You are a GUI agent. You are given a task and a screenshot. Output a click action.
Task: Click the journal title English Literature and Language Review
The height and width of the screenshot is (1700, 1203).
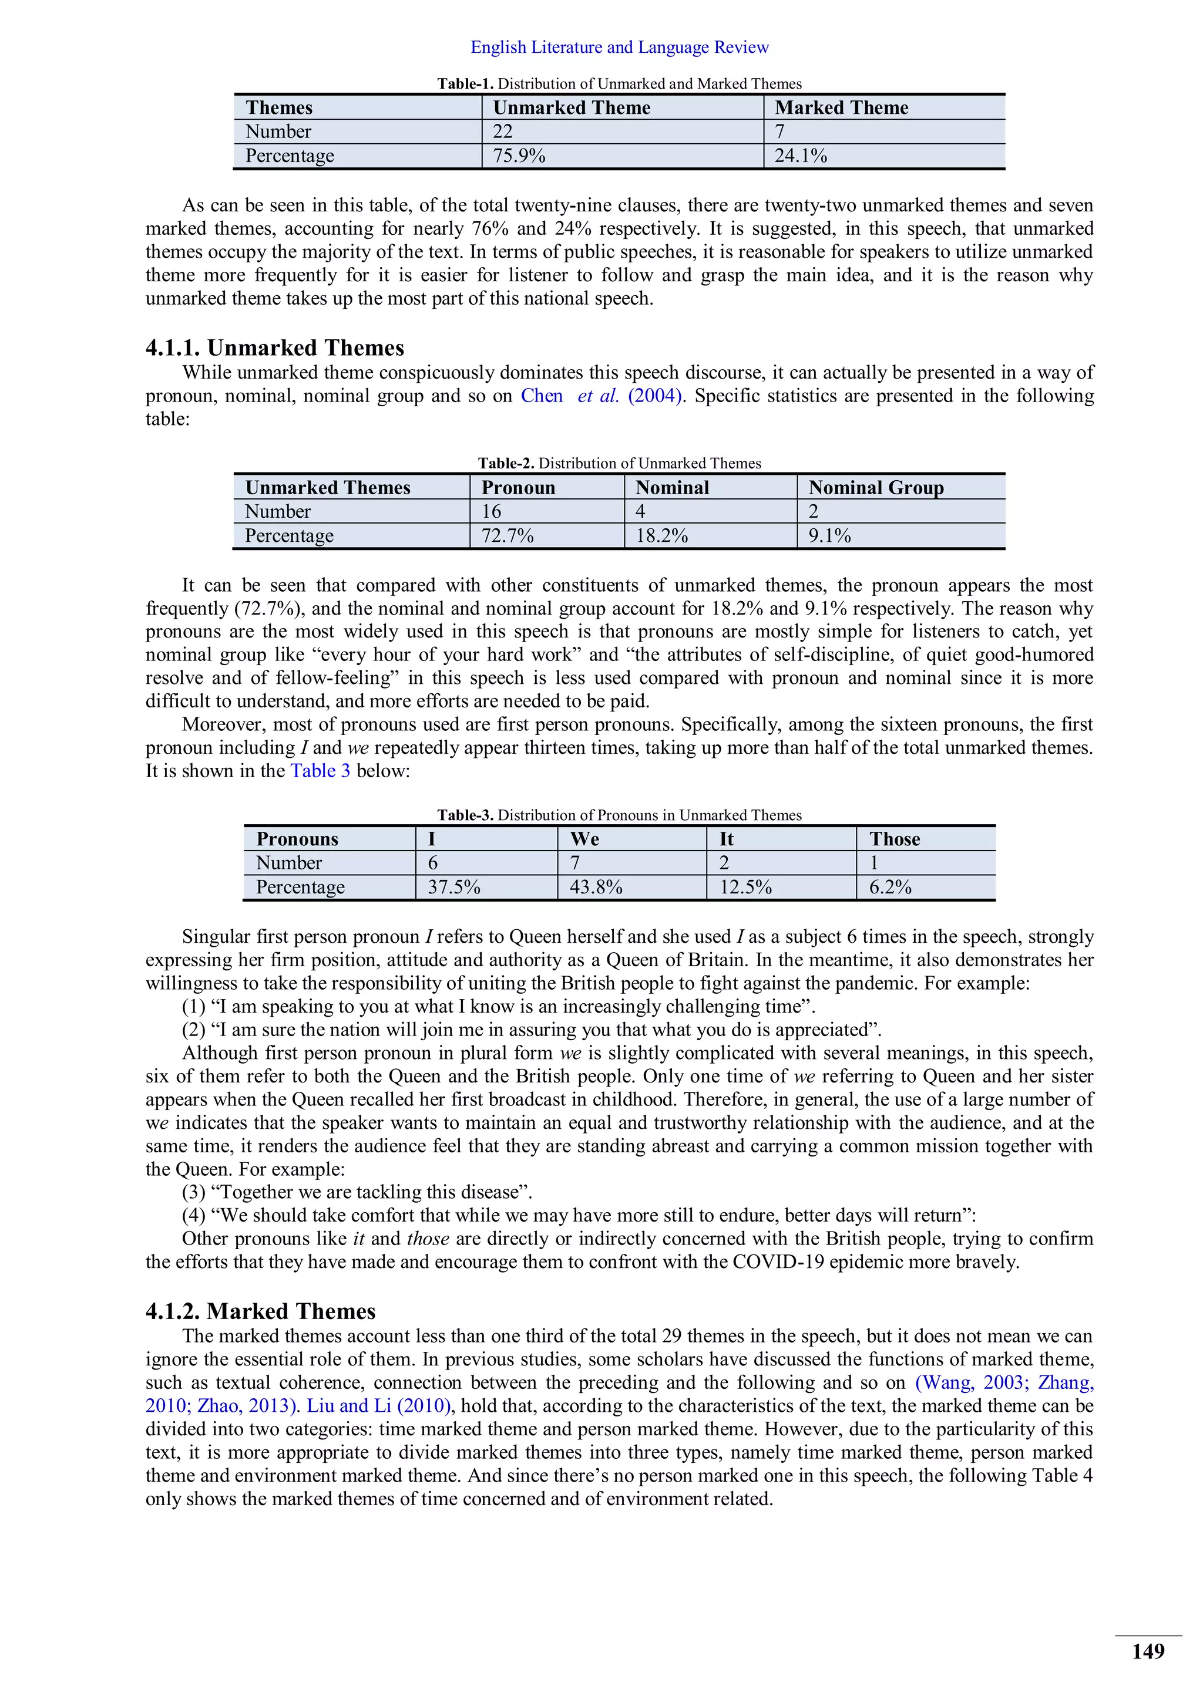coord(619,48)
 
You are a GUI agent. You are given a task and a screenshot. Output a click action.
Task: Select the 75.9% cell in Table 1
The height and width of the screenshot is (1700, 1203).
coord(519,156)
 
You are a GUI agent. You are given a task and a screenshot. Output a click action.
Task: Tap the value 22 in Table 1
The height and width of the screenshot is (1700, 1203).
coord(502,132)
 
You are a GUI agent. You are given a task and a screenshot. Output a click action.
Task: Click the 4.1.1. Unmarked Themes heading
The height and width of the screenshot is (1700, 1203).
coord(274,348)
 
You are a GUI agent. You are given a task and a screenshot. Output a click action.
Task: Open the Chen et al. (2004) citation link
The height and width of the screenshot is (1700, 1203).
coord(601,396)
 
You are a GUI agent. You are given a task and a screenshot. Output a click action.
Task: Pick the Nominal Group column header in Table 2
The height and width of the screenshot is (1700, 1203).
coord(876,488)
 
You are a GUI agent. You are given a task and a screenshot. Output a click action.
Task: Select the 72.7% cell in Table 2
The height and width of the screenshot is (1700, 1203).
coord(508,536)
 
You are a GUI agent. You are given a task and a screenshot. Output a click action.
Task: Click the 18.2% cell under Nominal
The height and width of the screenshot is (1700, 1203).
coord(661,536)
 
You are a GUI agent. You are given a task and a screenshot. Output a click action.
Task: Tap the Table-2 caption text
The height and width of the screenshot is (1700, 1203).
coord(619,464)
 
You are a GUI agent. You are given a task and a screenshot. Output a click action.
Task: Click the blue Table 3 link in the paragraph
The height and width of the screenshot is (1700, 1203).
coord(320,771)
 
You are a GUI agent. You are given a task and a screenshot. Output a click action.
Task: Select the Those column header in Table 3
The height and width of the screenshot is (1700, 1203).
coord(894,839)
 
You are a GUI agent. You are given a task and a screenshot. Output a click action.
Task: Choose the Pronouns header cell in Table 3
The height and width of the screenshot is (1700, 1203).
coord(297,839)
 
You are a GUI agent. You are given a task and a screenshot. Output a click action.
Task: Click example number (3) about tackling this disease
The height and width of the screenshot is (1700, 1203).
coord(357,1192)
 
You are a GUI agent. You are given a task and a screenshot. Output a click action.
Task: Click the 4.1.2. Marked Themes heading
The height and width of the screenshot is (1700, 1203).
coord(260,1311)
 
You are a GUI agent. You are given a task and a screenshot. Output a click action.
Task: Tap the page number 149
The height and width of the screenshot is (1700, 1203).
coord(1147,1652)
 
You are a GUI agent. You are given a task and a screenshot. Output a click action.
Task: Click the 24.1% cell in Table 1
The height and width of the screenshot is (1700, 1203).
coord(801,156)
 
